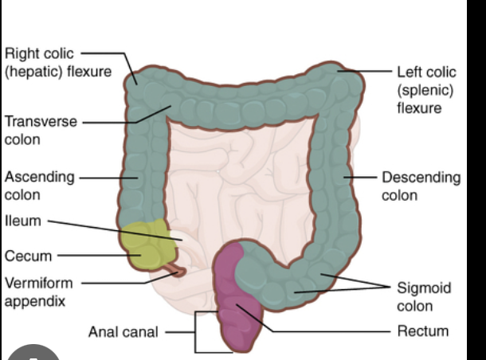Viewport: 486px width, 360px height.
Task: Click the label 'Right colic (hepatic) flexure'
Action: [58, 63]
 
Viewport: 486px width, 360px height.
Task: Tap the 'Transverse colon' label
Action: [41, 130]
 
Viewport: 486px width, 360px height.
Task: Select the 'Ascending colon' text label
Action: [39, 185]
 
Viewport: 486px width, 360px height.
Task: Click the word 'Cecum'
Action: [28, 256]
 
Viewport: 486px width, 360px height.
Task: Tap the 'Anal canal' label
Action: [123, 331]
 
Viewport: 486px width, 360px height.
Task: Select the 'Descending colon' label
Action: [421, 186]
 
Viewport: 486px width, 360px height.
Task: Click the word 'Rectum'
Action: [422, 331]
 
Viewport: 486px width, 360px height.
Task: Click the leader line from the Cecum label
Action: [96, 256]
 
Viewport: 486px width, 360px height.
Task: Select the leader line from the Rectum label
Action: [335, 331]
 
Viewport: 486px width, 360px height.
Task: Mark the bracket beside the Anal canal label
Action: [196, 331]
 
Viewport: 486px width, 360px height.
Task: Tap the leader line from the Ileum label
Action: [112, 229]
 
